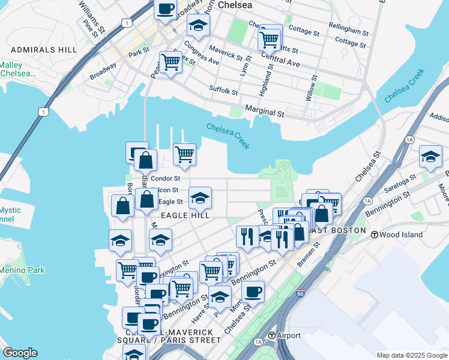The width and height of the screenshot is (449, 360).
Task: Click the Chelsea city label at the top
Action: coord(235,5)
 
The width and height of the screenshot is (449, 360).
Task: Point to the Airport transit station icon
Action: coord(272,335)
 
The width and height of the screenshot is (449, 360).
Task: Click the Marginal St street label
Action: coord(265,112)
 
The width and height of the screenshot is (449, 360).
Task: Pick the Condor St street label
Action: coord(165,178)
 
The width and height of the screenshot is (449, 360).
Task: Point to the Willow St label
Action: coord(312,88)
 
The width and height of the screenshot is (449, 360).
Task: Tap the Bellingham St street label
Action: coord(349,29)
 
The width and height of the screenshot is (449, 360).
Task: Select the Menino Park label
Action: coord(22,271)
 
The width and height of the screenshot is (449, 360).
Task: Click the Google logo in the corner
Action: coord(20,353)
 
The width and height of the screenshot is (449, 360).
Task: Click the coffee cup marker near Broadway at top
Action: coord(166,10)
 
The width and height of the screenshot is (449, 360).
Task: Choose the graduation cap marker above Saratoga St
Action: coord(430,157)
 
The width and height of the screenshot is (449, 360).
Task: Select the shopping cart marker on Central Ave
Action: coord(270,40)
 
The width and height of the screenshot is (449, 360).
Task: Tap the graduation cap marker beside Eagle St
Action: coord(200,197)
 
